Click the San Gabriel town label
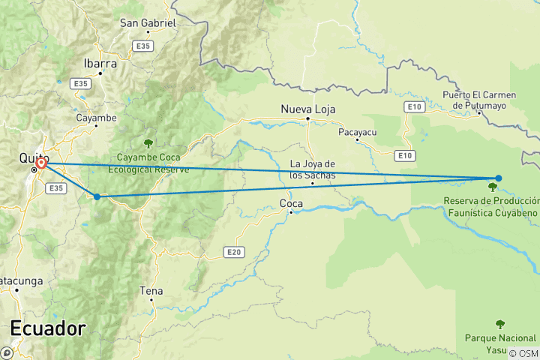[148, 23]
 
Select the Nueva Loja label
[307, 109]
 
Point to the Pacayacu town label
[356, 131]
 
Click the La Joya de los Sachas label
[312, 170]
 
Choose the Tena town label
[151, 289]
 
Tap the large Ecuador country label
[48, 328]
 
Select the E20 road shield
[235, 253]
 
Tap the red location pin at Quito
[41, 163]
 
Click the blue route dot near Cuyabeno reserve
[499, 178]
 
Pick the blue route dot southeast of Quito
[97, 196]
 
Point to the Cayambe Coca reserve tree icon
[148, 142]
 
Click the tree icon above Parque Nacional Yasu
[500, 324]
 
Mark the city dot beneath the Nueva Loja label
[307, 118]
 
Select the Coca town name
[291, 203]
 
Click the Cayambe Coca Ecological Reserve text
[152, 163]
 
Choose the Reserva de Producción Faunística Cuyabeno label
[491, 207]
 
